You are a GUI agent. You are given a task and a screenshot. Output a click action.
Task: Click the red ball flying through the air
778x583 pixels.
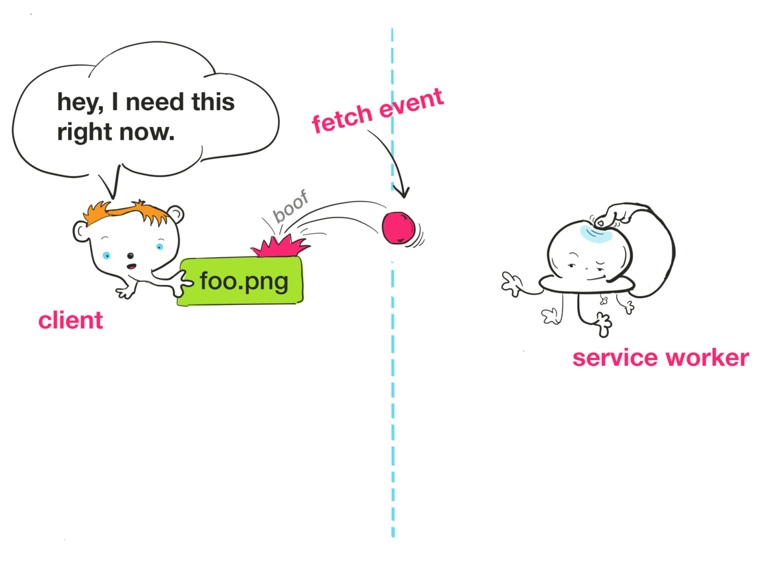pyautogui.click(x=398, y=229)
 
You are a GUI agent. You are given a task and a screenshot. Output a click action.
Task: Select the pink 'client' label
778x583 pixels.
pyautogui.click(x=71, y=320)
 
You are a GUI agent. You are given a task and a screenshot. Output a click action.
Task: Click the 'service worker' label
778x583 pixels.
pyautogui.click(x=660, y=358)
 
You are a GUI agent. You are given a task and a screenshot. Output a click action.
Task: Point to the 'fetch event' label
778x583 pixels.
pyautogui.click(x=378, y=111)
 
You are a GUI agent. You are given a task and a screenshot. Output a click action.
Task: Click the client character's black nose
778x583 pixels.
pyautogui.click(x=130, y=255)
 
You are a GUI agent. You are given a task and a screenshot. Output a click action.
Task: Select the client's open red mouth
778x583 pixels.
pyautogui.click(x=132, y=266)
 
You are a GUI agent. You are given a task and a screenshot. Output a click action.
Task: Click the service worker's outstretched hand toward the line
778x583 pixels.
pyautogui.click(x=512, y=284)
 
